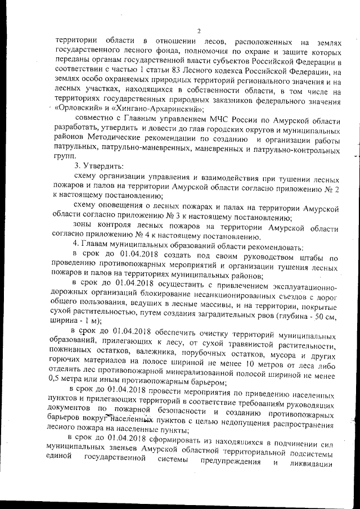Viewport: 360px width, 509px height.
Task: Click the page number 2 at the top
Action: click(199, 31)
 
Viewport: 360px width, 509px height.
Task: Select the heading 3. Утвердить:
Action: click(96, 165)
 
